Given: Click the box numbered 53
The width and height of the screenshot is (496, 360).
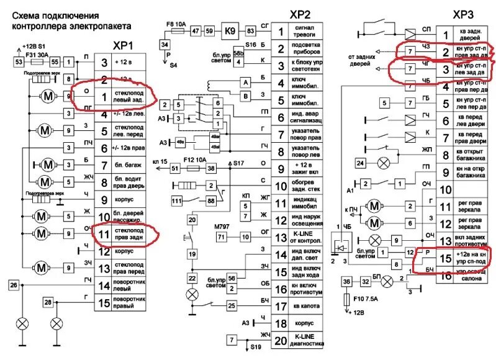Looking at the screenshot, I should [x=19, y=62].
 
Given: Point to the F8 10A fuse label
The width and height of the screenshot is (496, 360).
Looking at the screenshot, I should [x=176, y=24].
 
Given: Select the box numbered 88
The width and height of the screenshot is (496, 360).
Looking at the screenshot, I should [x=212, y=201].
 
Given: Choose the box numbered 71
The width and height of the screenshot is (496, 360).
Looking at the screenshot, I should [x=222, y=236].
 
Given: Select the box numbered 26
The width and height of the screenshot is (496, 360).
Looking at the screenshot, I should [x=14, y=285].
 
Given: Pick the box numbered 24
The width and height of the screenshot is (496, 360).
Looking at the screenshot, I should [x=360, y=163].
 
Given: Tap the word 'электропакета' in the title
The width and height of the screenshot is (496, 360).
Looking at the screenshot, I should [x=93, y=27].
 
